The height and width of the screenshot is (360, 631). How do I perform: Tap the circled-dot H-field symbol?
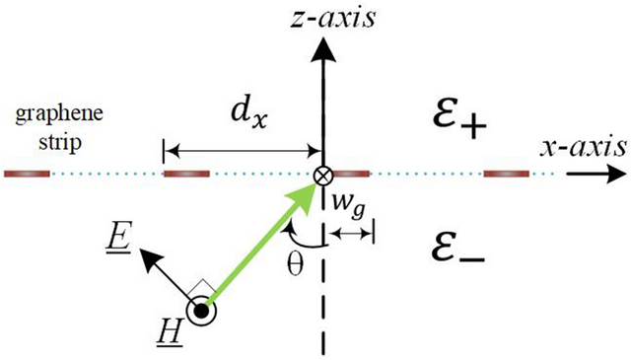coord(203,311)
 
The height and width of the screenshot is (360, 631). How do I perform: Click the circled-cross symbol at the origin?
coord(321,176)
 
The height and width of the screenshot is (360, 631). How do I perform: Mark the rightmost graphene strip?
coord(507,176)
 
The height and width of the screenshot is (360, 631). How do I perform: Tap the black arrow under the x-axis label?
coord(596,175)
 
